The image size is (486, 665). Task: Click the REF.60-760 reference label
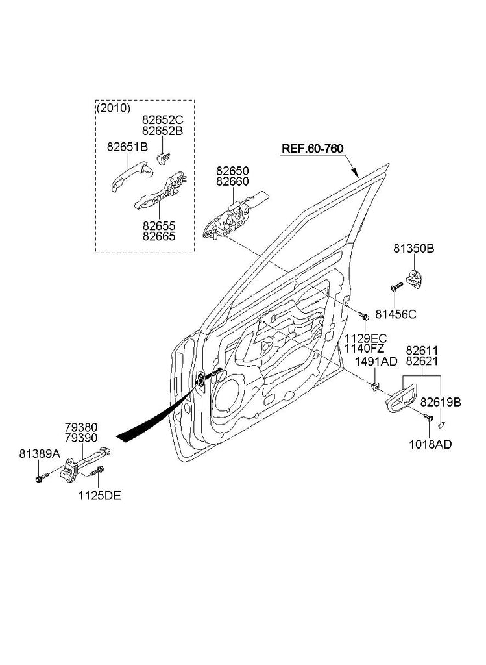(x=311, y=149)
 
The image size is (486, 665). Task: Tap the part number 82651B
(x=127, y=147)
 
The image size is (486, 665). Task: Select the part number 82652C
(x=163, y=120)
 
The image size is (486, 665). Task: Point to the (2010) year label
(x=114, y=108)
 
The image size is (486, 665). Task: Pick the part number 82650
(x=232, y=171)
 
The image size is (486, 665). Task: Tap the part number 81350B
(x=413, y=248)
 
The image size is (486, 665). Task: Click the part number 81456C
(x=396, y=314)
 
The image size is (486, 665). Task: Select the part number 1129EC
(x=365, y=338)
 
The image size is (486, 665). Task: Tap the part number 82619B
(x=441, y=403)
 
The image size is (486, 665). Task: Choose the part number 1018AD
(x=430, y=444)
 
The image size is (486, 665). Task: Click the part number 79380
(x=81, y=427)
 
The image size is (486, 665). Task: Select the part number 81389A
(x=40, y=455)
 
